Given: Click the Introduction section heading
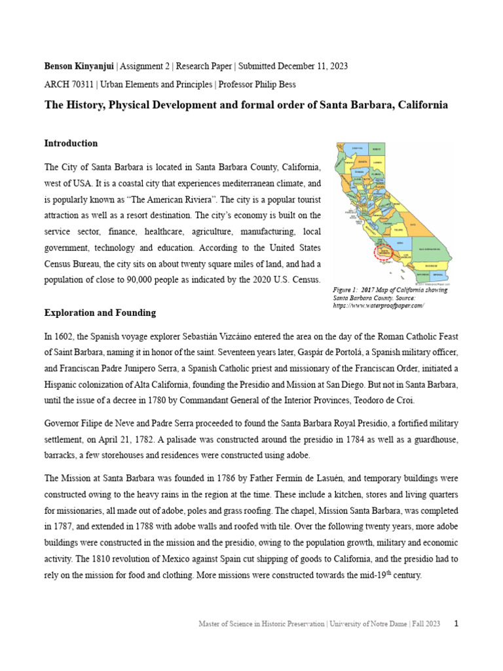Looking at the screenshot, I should [71, 144].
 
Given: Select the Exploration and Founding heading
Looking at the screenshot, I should [100, 313].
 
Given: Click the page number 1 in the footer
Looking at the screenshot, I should [456, 624].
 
